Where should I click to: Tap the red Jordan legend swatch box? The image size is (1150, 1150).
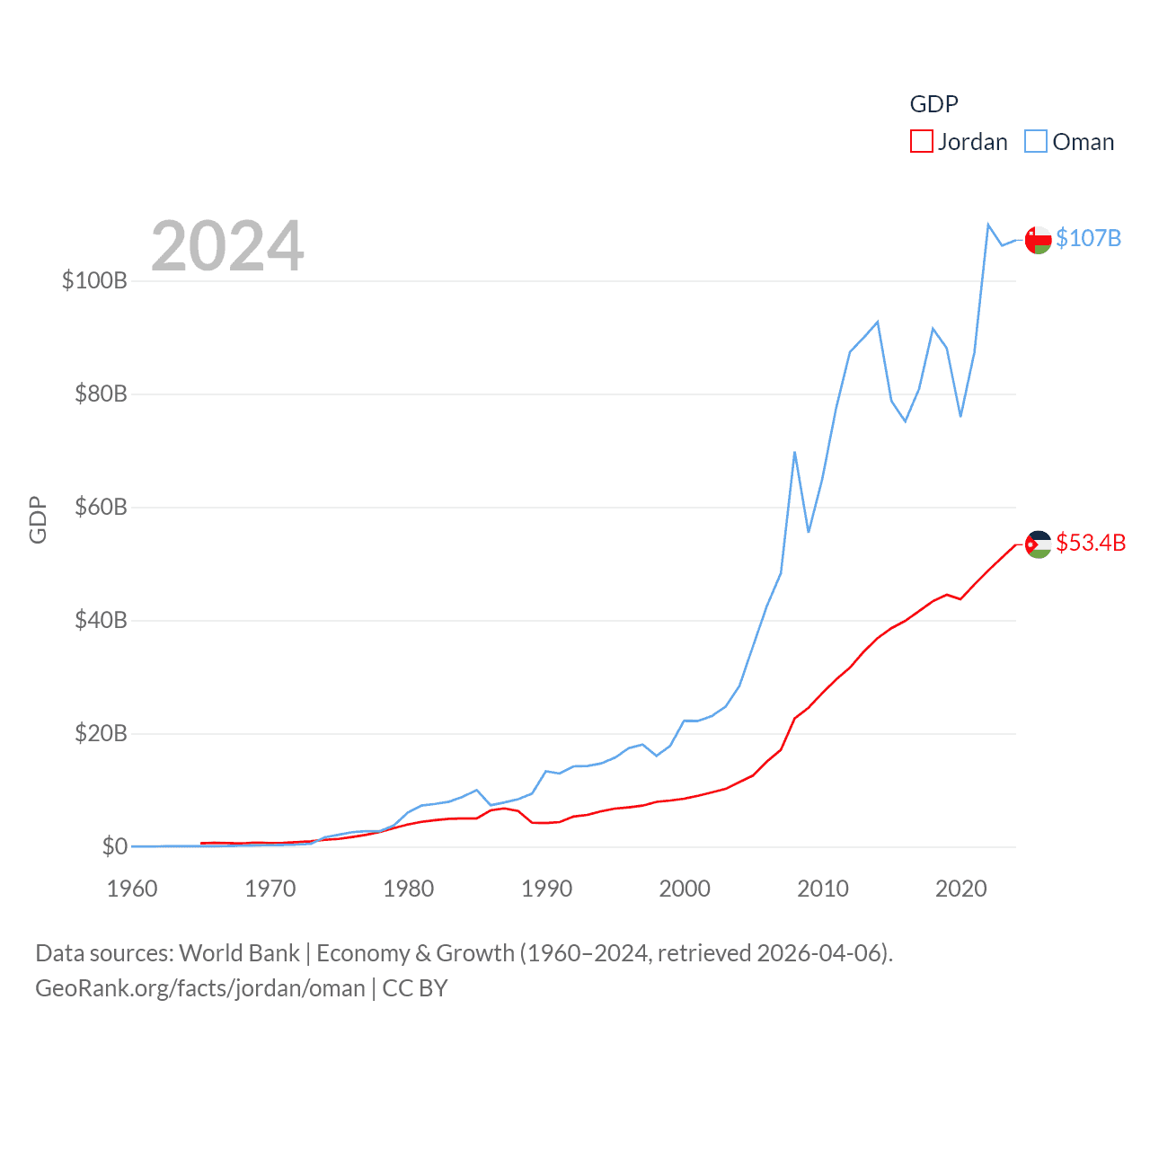922,142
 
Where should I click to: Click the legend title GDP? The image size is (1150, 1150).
933,104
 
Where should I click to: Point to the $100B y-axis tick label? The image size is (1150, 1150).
94,280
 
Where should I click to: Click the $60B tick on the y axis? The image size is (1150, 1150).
101,507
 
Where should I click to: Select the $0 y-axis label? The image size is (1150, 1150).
114,846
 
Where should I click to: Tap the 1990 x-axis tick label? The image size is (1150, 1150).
546,889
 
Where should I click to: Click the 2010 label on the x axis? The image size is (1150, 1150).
823,889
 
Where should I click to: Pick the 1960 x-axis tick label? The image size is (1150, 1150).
132,889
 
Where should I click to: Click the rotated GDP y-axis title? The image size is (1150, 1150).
38,519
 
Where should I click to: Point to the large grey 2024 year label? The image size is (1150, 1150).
227,246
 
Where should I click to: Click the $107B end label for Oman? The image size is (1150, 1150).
1088,238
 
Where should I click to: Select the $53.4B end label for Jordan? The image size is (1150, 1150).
1091,543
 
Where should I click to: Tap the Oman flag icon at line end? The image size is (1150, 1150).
1038,240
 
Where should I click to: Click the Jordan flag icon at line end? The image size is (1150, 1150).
1038,544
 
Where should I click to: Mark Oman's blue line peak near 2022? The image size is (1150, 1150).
988,225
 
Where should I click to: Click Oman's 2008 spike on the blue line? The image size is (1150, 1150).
795,453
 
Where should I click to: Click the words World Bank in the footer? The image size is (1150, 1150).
239,952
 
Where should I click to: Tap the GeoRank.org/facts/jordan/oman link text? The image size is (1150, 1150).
200,988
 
